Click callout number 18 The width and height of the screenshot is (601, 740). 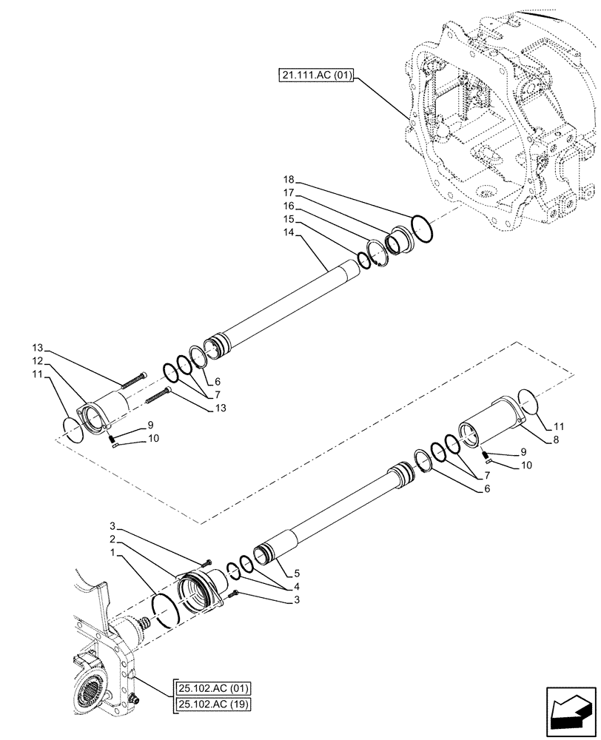click(x=289, y=180)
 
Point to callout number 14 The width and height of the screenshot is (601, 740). click(x=289, y=232)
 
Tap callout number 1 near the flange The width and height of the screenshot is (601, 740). click(x=111, y=553)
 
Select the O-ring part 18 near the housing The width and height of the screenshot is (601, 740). click(x=423, y=229)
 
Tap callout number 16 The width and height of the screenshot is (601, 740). click(x=289, y=206)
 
